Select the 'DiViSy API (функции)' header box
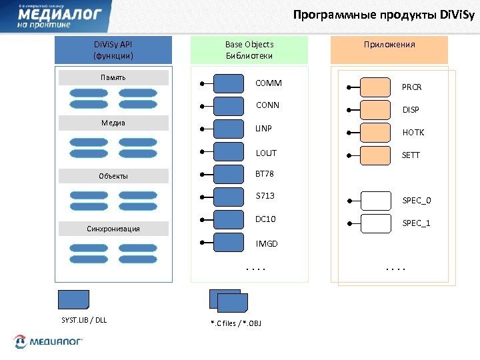coord(113,50)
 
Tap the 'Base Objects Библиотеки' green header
coord(249,50)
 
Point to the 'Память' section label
coord(113,78)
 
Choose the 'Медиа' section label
coord(113,123)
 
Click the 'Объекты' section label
coord(113,176)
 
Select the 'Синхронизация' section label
coord(113,229)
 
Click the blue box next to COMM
coord(229,84)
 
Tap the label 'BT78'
coord(265,174)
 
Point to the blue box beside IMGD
coord(229,242)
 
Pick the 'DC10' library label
coord(266,219)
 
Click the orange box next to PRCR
coord(375,87)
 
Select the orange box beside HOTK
coord(375,132)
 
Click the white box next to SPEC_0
coord(375,200)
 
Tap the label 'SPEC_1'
coord(416,223)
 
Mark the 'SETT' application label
coord(411,155)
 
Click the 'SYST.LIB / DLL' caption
coord(84,320)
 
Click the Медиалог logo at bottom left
coord(48,342)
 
